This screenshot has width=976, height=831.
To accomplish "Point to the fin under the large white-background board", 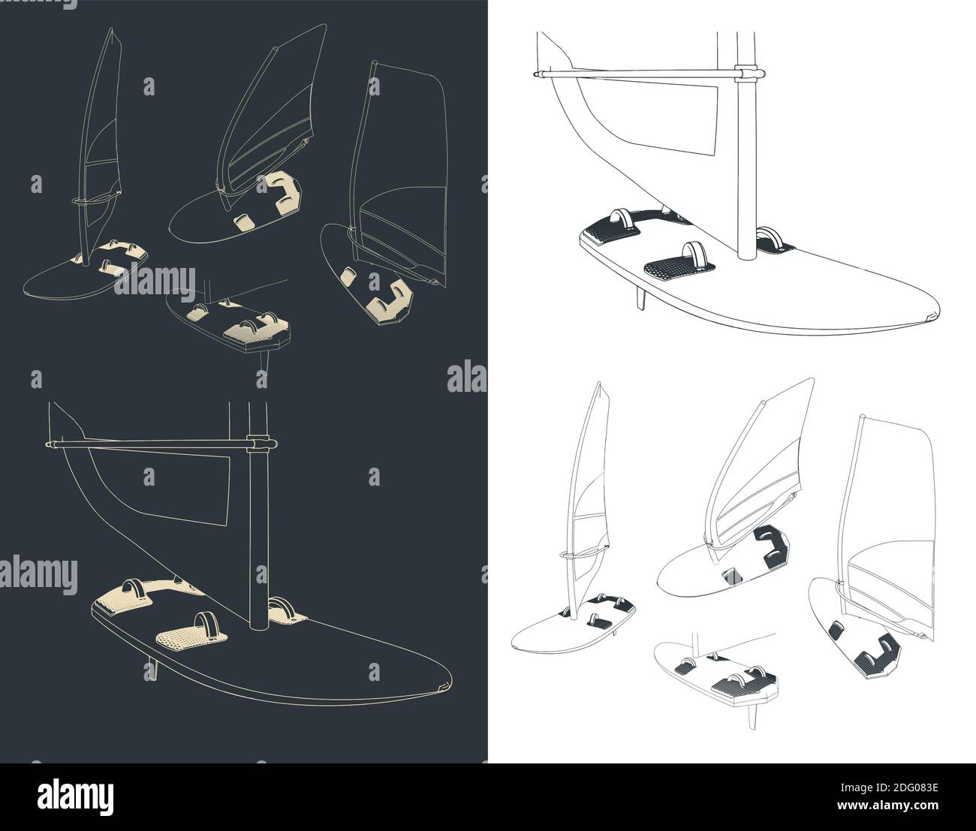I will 639,297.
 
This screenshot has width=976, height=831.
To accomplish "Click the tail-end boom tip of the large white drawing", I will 536,74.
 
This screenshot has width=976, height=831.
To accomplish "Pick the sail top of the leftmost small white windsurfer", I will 598,385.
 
